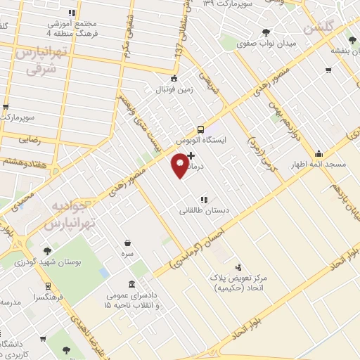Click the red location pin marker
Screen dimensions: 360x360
click(x=180, y=166)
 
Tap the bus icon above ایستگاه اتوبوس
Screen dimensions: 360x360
click(x=201, y=129)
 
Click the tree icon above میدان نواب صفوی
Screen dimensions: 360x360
click(x=266, y=32)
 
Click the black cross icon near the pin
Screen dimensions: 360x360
click(x=191, y=155)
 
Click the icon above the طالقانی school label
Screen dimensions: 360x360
click(x=203, y=199)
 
